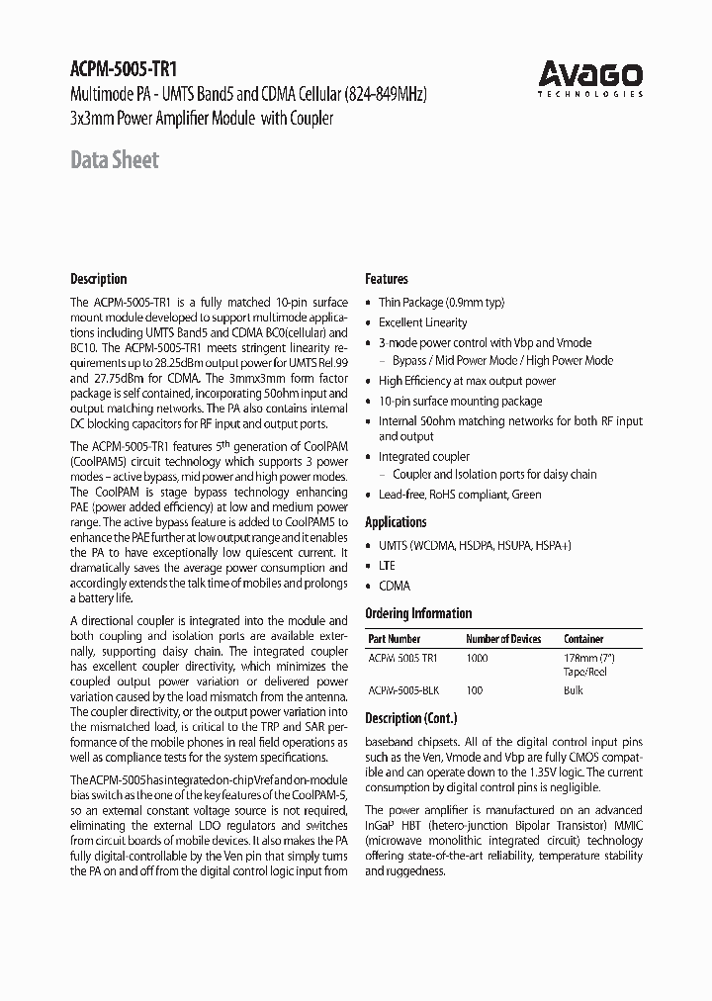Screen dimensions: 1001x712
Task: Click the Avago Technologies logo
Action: point(590,77)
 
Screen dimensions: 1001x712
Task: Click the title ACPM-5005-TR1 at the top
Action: point(122,71)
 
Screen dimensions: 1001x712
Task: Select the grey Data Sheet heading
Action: point(115,160)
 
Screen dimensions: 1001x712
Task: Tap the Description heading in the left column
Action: point(99,279)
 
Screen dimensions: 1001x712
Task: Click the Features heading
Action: point(387,279)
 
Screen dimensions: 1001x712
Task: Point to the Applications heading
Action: point(396,522)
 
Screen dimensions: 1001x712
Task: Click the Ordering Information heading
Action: point(418,613)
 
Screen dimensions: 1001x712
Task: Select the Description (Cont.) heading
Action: point(410,718)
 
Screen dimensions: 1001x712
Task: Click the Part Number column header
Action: point(394,639)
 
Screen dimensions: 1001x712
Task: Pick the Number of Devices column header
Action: point(503,639)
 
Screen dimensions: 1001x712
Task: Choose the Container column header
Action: point(583,639)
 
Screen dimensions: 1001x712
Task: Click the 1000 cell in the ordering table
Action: point(478,658)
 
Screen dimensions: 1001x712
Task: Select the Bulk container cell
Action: point(574,690)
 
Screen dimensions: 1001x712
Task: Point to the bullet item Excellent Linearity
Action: point(422,322)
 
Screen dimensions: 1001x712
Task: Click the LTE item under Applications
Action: point(387,566)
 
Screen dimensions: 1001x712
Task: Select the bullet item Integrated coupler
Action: point(424,457)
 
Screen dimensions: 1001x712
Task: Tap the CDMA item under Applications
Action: point(394,586)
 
